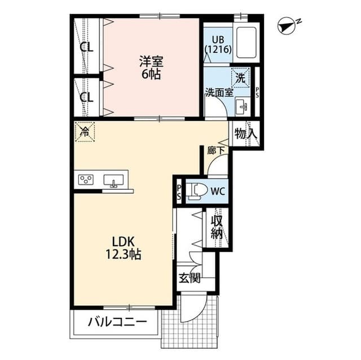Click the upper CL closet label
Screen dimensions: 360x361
[x=86, y=47]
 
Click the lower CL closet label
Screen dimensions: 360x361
[x=86, y=97]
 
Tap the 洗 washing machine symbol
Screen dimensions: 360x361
[x=241, y=78]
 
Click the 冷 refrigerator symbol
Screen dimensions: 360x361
[x=85, y=132]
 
